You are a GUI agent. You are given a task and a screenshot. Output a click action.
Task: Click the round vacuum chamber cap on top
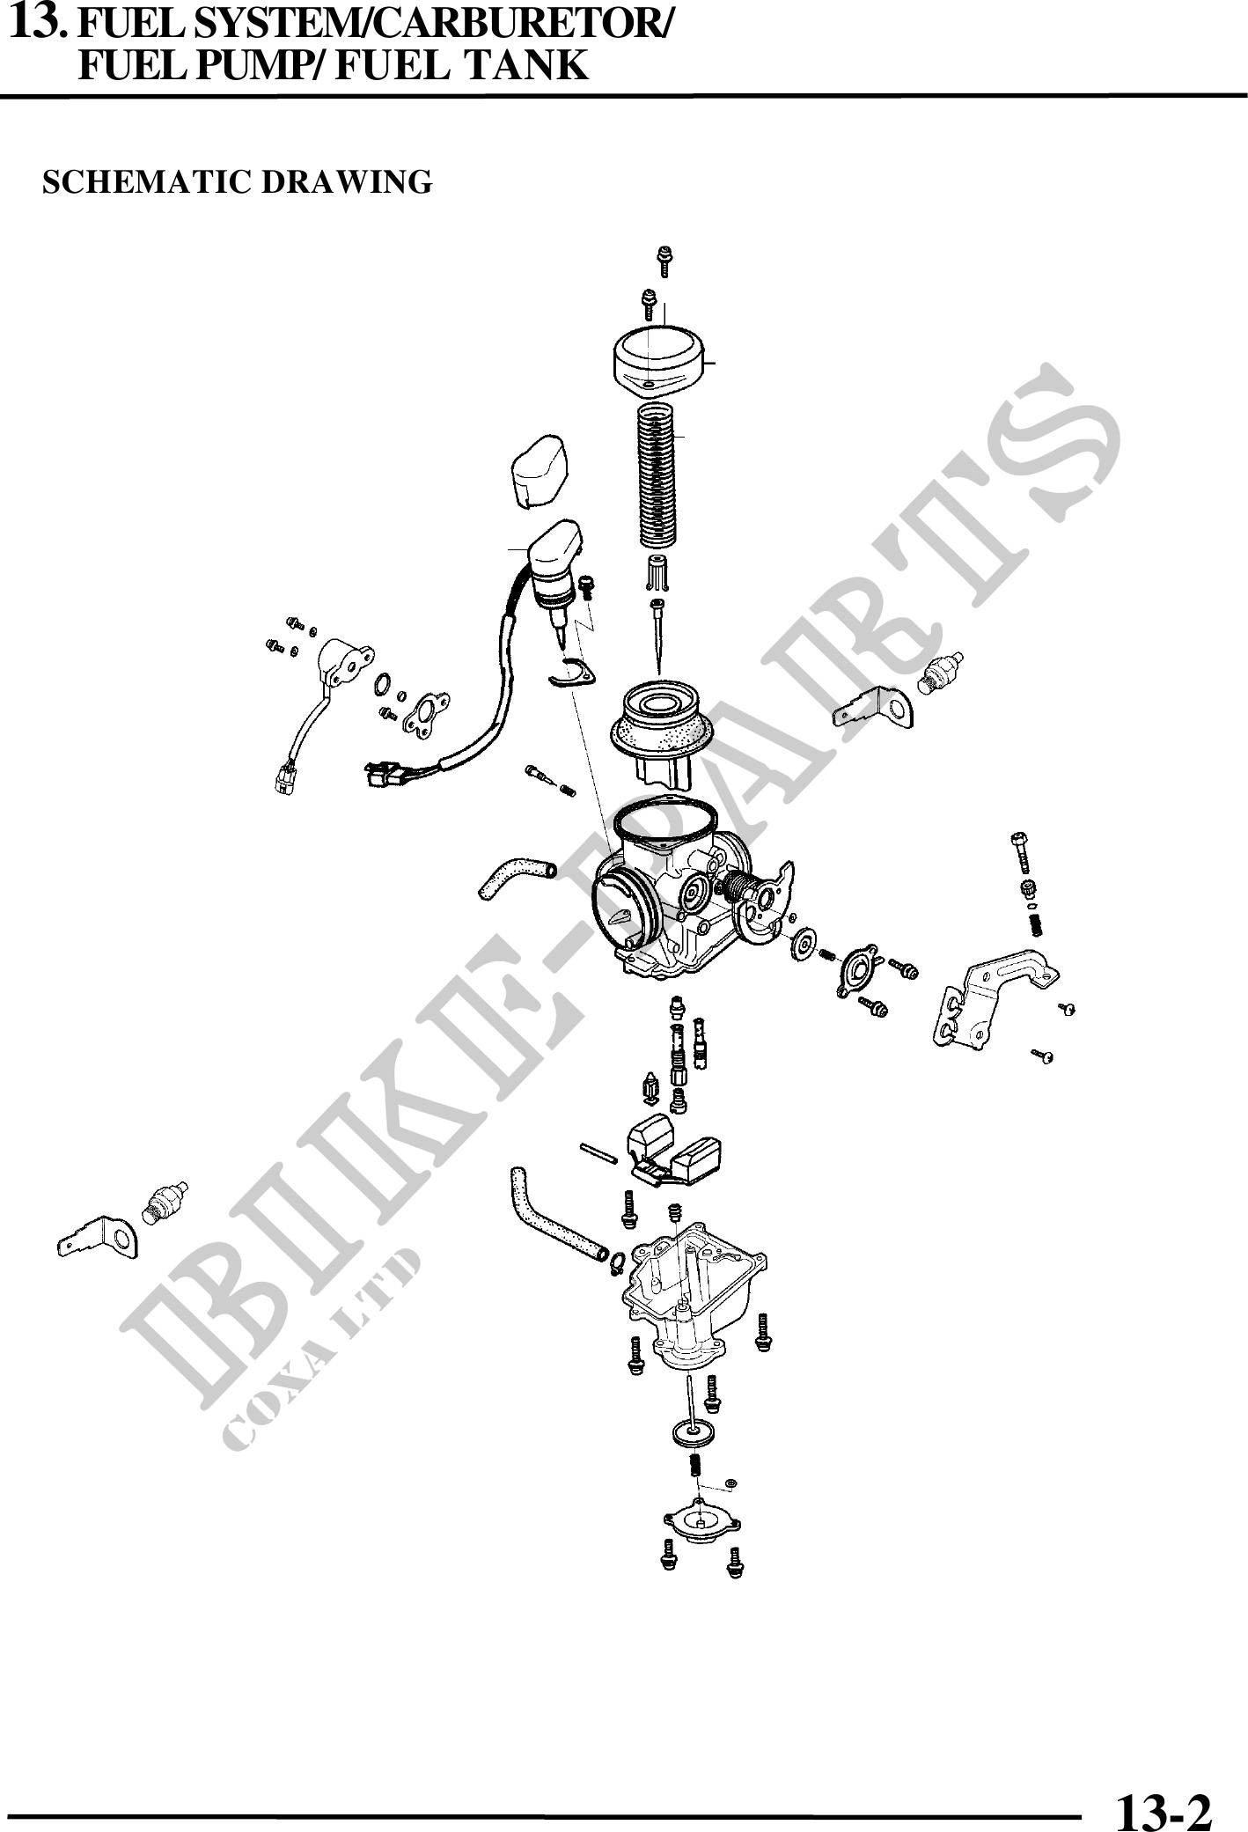(x=659, y=359)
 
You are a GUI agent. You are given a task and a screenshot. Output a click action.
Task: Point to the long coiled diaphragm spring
(x=657, y=473)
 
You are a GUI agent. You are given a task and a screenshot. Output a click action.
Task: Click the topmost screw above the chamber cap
(x=665, y=262)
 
